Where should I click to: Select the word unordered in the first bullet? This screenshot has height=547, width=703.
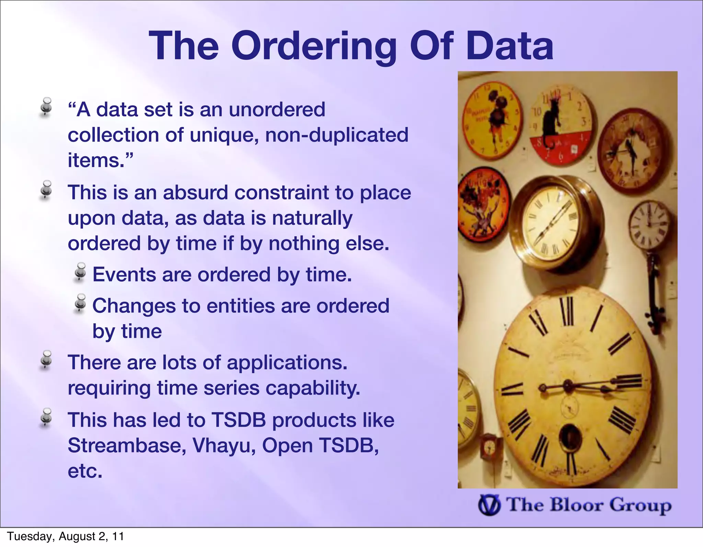coord(277,110)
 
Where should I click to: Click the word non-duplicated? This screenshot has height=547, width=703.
coord(337,135)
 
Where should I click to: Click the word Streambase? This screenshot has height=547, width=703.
coord(127,446)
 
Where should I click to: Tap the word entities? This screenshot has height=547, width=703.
coord(241,306)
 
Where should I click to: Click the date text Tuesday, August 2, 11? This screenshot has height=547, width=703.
coord(65,536)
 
